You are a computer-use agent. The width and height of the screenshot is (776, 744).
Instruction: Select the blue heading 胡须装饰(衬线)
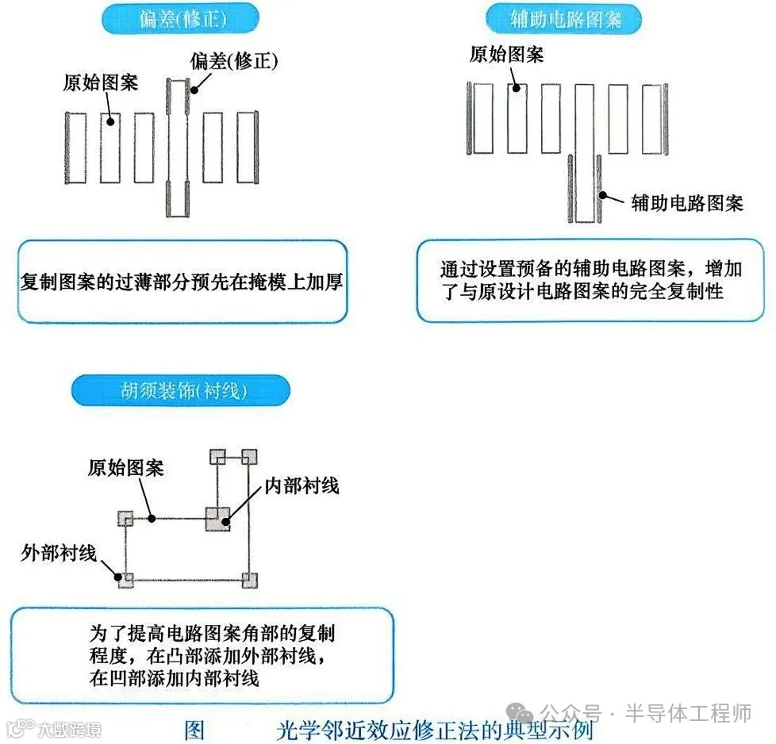(180, 390)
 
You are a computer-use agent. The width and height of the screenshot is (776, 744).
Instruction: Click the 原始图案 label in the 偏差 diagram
(100, 82)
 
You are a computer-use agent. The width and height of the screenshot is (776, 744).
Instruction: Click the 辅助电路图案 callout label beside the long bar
(687, 202)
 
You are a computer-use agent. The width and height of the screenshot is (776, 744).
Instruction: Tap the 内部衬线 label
(299, 485)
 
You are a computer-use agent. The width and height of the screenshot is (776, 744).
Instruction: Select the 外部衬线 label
(59, 553)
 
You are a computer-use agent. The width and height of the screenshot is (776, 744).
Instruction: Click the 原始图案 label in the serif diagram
(125, 468)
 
